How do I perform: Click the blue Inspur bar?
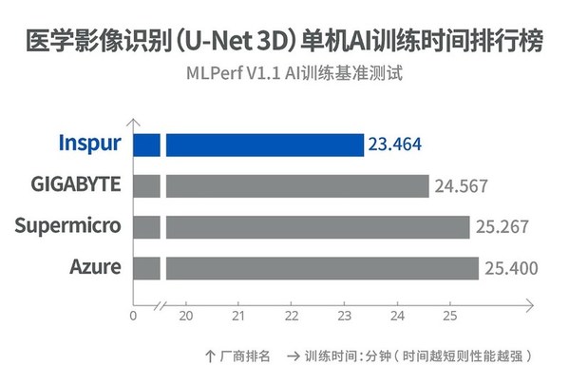[x=264, y=144]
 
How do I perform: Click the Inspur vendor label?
[x=89, y=144]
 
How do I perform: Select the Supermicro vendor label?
[x=69, y=226]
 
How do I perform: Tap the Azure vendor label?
[x=95, y=267]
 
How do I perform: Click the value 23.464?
[x=395, y=144]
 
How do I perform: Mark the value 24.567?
[x=460, y=185]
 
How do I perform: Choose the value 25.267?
[x=501, y=226]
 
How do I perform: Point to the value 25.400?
[x=509, y=267]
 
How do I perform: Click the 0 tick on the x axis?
[x=133, y=316]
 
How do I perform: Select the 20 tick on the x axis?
[x=186, y=316]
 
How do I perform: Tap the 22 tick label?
[x=292, y=316]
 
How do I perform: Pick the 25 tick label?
[x=451, y=316]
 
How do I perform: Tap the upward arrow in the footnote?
[x=209, y=356]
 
